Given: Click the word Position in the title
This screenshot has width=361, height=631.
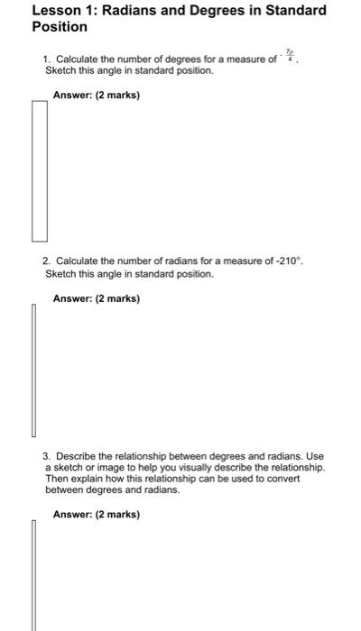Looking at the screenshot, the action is (59, 27).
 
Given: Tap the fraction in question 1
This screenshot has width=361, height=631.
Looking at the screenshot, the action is (290, 58).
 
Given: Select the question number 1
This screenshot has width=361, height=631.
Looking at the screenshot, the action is (46, 59).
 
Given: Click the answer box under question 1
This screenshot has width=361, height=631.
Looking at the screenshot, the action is (40, 171).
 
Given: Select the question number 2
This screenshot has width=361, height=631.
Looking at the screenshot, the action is (46, 261).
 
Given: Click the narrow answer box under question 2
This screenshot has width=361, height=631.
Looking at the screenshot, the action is (34, 370).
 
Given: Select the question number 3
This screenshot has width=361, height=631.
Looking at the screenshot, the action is (47, 456).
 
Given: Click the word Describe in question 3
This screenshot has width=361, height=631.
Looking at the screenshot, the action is (77, 456).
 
